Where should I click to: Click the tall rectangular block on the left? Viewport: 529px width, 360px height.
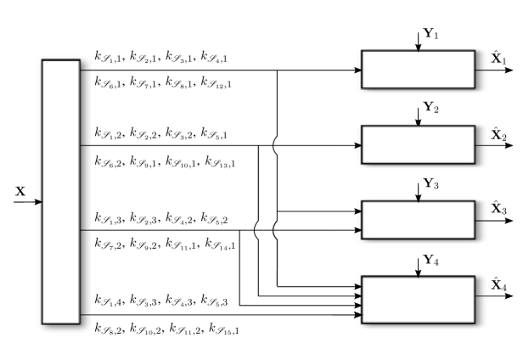[x=61, y=191]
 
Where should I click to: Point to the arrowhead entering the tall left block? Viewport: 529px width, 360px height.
[x=38, y=202]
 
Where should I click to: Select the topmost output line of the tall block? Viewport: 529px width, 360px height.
[x=86, y=70]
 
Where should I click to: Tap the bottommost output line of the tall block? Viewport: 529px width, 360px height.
[x=86, y=315]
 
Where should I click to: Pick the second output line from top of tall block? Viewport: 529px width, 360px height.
[x=86, y=145]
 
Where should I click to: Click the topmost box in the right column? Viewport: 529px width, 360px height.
[x=418, y=70]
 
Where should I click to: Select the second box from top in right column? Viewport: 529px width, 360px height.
[x=418, y=145]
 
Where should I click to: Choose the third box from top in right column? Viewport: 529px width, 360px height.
[x=418, y=221]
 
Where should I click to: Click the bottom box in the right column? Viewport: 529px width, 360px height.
[x=418, y=298]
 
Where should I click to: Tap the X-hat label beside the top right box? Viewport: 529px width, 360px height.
[x=498, y=59]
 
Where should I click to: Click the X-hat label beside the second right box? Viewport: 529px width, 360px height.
[x=498, y=134]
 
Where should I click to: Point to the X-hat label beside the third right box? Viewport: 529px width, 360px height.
[x=498, y=209]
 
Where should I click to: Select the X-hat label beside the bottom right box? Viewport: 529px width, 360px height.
[x=498, y=285]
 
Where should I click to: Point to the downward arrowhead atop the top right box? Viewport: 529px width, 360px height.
[x=418, y=48]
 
